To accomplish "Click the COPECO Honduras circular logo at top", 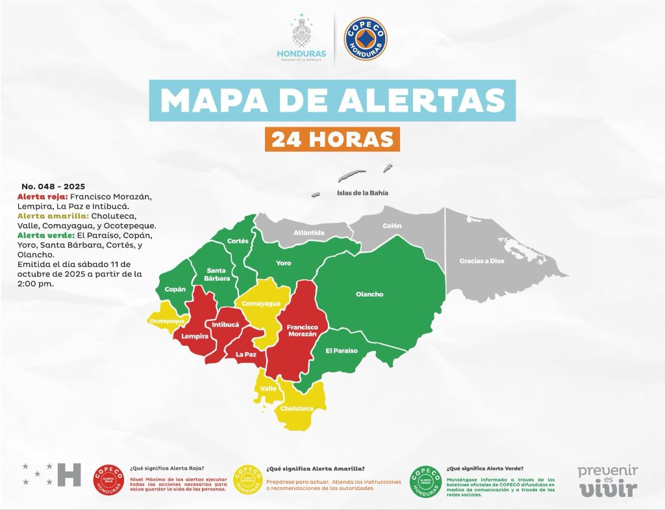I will [x=365, y=39].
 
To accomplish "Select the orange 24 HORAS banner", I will [x=332, y=139].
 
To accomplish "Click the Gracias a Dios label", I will [x=481, y=261].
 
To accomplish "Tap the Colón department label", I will [x=392, y=225].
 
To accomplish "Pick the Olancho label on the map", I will [x=370, y=294].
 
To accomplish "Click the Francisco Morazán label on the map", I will [x=301, y=330].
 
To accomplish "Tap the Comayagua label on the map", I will [x=261, y=303].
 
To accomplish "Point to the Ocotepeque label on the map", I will [x=167, y=322].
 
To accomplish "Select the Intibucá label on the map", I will [x=225, y=324].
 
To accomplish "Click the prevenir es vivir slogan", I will [x=608, y=480].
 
